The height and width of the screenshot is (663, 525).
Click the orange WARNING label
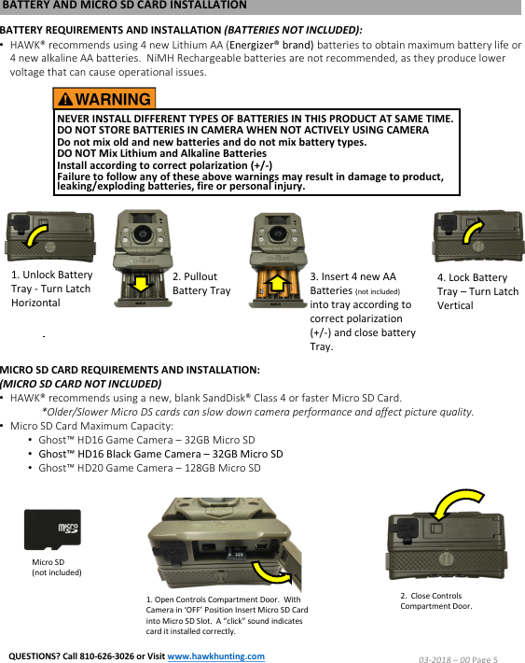point(104,99)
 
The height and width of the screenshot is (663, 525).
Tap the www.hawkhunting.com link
point(215,656)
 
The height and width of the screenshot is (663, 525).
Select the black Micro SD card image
point(52,530)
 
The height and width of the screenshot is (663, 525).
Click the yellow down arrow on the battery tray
point(140,281)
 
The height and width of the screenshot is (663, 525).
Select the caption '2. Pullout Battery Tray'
point(201,284)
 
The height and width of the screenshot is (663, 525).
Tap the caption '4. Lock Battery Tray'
point(477,291)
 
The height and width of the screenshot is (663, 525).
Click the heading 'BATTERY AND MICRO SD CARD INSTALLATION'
point(125,6)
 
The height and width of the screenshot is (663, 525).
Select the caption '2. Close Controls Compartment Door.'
point(435,600)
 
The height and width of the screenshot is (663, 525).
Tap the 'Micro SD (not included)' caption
point(56,567)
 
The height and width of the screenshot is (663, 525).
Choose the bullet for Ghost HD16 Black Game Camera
point(160,454)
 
